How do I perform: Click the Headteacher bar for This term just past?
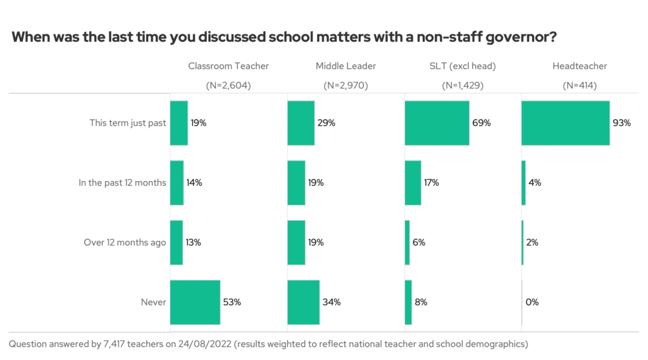[565, 123]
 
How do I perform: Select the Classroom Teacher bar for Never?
[195, 302]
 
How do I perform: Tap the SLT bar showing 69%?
[437, 123]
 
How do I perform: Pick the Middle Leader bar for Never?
[303, 302]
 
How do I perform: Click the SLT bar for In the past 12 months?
[413, 183]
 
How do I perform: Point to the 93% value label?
[621, 123]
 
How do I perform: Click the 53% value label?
[232, 302]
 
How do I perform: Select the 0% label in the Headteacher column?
[532, 302]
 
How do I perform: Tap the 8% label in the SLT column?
[421, 302]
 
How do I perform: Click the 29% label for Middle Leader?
[326, 123]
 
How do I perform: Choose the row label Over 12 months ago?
[125, 242]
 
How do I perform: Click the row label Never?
[153, 302]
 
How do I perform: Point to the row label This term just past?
[128, 123]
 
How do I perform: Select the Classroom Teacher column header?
[228, 66]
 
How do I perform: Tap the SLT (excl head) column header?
[462, 66]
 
